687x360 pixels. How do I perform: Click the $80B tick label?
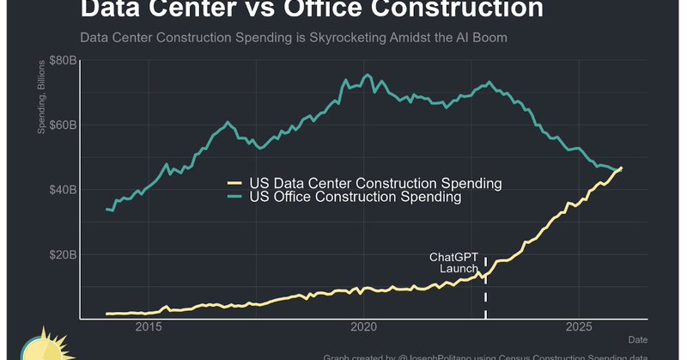(62, 60)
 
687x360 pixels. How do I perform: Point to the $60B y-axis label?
(62, 125)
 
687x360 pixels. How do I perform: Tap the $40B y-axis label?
(62, 190)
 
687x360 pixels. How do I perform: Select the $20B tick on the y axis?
(62, 255)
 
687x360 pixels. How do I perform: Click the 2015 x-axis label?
(149, 327)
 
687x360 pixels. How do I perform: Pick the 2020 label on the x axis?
(364, 327)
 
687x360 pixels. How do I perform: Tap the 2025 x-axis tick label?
(580, 327)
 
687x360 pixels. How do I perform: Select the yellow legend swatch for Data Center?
(234, 183)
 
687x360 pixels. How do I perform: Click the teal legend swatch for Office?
(234, 197)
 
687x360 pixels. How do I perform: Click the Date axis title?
(637, 340)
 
